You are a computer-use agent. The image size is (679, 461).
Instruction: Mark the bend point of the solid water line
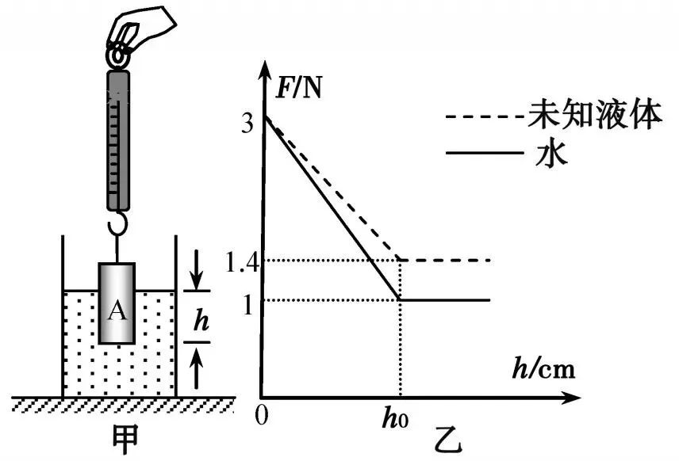click(399, 299)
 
